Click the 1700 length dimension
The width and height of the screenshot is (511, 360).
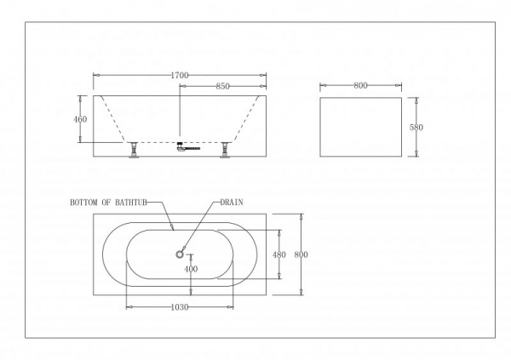(180, 75)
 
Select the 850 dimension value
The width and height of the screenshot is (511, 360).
(223, 86)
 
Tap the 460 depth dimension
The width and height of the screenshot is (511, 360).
(80, 119)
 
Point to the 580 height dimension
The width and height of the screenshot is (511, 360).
(416, 127)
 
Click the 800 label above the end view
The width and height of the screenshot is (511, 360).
(360, 85)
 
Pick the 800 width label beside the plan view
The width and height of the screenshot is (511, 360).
(301, 254)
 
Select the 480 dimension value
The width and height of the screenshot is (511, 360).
(279, 254)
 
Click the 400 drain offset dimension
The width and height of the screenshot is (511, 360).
(191, 269)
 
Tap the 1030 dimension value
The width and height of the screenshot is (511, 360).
(180, 307)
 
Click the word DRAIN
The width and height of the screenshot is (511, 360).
(232, 203)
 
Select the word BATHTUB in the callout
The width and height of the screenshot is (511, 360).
(131, 203)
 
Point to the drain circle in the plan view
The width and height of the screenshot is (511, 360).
(180, 254)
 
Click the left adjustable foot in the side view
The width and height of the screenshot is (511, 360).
(133, 150)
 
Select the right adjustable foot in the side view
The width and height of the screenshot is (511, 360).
(225, 150)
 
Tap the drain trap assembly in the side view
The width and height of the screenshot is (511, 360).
(187, 146)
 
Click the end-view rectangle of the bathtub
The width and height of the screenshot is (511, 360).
(360, 97)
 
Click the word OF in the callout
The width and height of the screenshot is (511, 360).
(106, 203)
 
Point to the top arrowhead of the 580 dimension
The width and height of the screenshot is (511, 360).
(416, 100)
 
